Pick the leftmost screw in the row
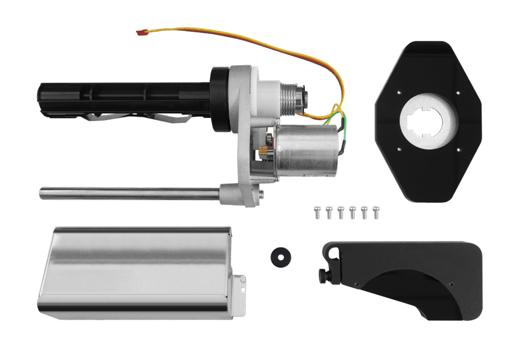pyautogui.click(x=317, y=212)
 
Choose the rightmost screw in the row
pyautogui.click(x=376, y=212)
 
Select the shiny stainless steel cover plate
pyautogui.click(x=135, y=271)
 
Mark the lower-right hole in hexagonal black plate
pyautogui.click(x=458, y=151)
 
